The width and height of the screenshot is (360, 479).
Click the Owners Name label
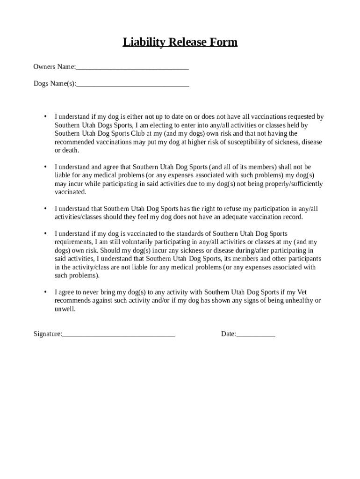tap(54, 67)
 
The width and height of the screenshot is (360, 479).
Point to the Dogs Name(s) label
tap(54, 84)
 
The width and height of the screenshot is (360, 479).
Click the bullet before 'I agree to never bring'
tap(45, 292)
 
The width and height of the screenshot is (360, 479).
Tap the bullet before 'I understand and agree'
tap(45, 167)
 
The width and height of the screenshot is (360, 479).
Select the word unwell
tap(65, 309)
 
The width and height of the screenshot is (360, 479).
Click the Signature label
tap(47, 334)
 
